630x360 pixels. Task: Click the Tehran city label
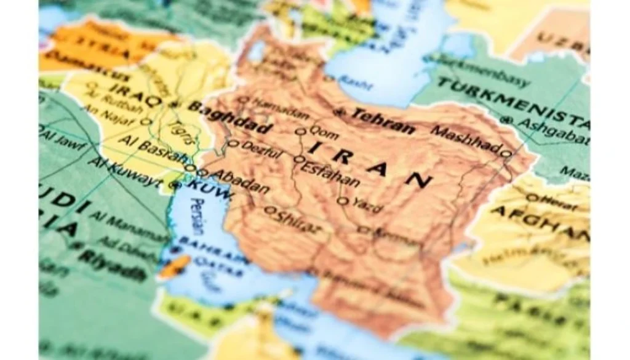click(382, 121)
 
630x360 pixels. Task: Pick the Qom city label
click(324, 131)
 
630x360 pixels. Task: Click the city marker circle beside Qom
click(301, 131)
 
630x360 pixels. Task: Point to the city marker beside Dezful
click(233, 144)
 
